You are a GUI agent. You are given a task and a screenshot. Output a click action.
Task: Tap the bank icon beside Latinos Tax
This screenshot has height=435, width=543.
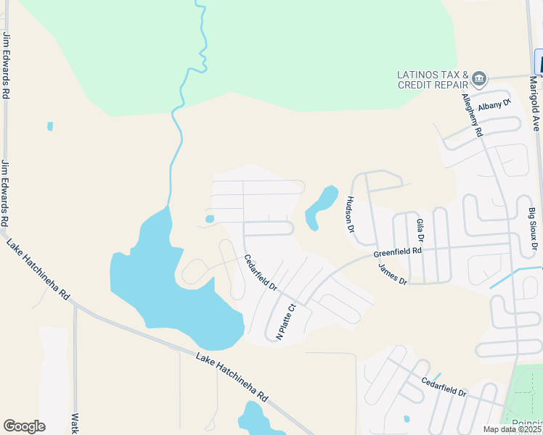click(x=479, y=78)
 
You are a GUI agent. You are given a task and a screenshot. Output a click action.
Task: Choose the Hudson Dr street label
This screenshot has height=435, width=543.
click(x=351, y=214)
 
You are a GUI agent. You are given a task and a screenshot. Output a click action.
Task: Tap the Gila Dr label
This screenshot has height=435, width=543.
click(x=420, y=231)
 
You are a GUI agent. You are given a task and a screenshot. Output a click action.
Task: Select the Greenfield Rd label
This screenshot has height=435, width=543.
click(x=398, y=252)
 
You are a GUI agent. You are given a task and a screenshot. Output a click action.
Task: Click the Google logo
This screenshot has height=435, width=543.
click(x=24, y=426)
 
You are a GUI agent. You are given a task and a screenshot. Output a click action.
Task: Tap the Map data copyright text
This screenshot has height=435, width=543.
click(x=512, y=429)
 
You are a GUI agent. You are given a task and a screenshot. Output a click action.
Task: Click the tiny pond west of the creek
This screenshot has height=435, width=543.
click(x=50, y=126)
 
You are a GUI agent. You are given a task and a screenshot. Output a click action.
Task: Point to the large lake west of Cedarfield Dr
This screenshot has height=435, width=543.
click(x=167, y=283)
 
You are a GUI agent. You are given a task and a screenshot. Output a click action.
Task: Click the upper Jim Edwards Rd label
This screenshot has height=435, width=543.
click(x=7, y=65)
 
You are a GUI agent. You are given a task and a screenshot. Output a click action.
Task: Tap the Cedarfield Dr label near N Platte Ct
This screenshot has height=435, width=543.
click(x=261, y=272)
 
